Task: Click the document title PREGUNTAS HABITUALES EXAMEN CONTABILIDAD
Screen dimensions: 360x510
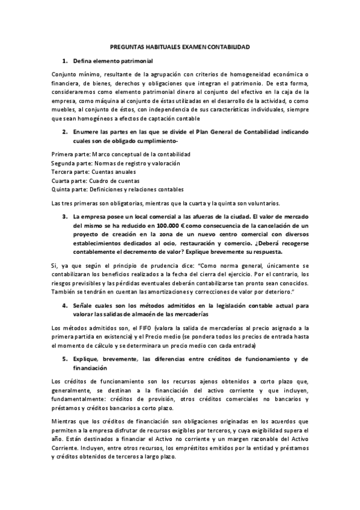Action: [x=180, y=46]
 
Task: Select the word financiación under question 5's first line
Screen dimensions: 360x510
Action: [x=90, y=367]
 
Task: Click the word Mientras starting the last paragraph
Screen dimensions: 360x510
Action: [x=65, y=422]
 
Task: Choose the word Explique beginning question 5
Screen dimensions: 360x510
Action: [x=86, y=359]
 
